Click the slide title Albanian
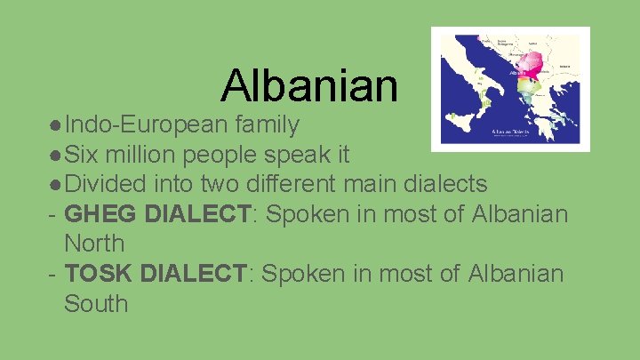pyautogui.click(x=309, y=85)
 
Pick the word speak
pyautogui.click(x=308, y=155)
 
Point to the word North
pyautogui.click(x=94, y=244)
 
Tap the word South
pyautogui.click(x=96, y=303)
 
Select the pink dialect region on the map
pyautogui.click(x=531, y=62)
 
